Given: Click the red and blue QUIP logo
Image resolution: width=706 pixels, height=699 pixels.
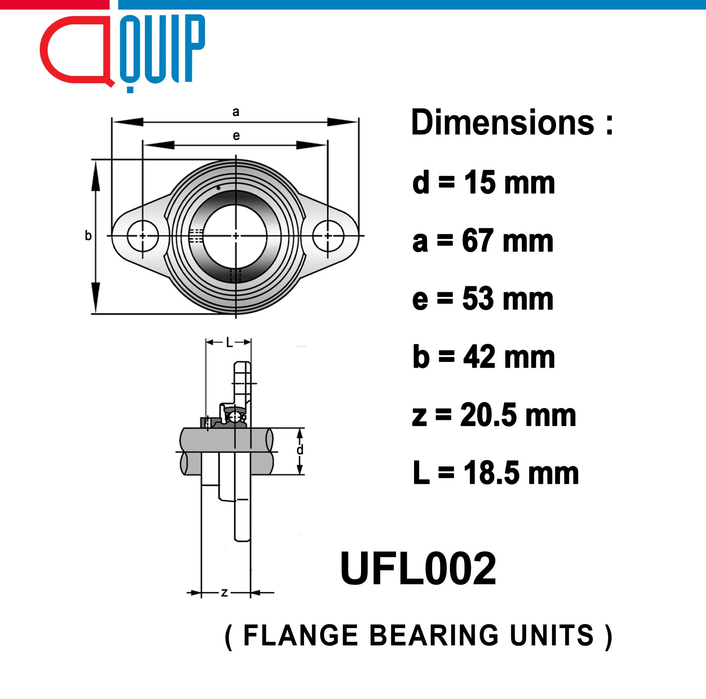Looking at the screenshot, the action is [x=122, y=53].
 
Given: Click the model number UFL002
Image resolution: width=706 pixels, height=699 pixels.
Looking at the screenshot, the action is [x=418, y=569].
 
